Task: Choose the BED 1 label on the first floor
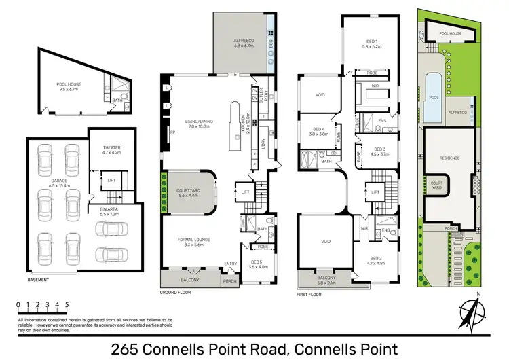coord(373,45)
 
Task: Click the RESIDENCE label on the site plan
coord(449,158)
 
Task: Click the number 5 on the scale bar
coord(67,305)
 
